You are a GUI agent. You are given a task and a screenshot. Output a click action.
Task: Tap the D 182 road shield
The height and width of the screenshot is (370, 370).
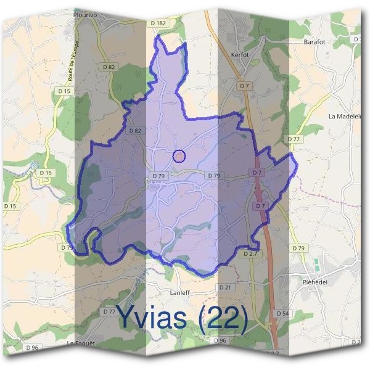pyautogui.click(x=158, y=23)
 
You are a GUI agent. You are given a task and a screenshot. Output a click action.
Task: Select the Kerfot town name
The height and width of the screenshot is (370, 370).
pyautogui.click(x=240, y=55)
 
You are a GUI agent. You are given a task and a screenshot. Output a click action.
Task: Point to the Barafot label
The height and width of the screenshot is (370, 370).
pyautogui.click(x=314, y=42)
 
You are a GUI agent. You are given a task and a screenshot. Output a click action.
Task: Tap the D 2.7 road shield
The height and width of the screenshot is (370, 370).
pyautogui.click(x=250, y=254)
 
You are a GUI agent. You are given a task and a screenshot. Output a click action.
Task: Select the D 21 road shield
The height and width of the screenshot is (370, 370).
pyautogui.click(x=225, y=287)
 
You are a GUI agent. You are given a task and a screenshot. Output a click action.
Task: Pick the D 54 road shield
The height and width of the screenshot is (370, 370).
pyautogui.click(x=283, y=314)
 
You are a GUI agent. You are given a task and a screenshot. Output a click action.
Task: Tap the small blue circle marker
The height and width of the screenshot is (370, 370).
pyautogui.click(x=179, y=156)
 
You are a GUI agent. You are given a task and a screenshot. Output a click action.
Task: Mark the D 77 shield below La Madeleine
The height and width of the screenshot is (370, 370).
pyautogui.click(x=294, y=139)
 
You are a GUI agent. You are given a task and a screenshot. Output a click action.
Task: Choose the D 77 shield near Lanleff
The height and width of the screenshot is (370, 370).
pyautogui.click(x=110, y=311)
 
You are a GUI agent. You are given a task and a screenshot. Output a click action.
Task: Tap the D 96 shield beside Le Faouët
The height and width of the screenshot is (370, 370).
pyautogui.click(x=32, y=348)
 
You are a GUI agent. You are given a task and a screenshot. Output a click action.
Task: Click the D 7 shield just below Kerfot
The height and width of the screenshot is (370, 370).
pyautogui.click(x=245, y=86)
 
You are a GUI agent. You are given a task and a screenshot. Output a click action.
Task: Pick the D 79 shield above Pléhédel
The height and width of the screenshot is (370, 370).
pyautogui.click(x=298, y=248)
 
